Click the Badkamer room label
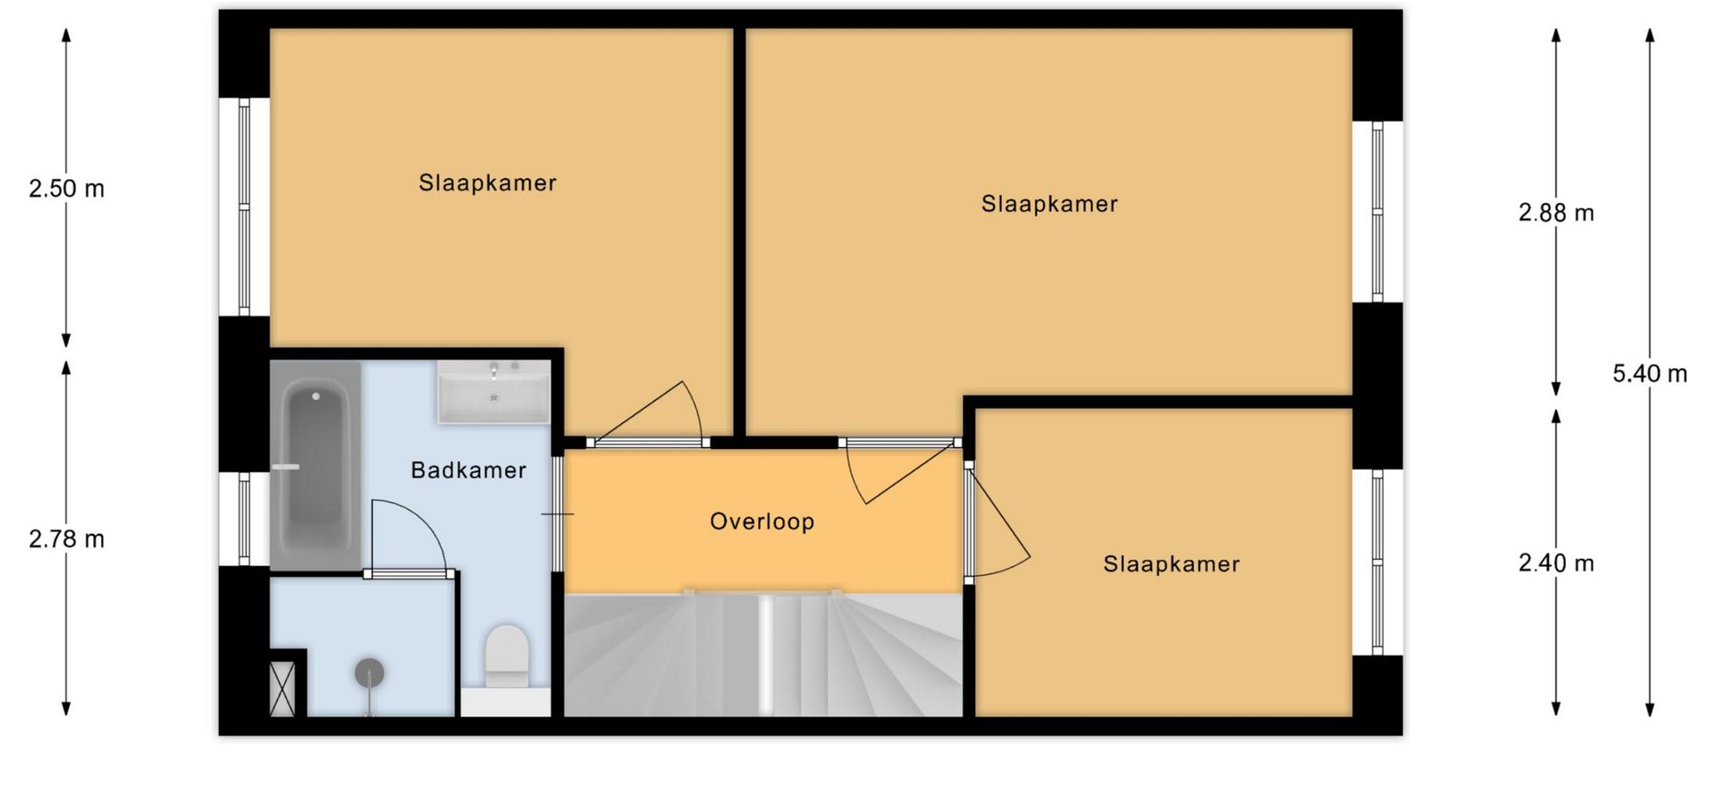click(x=468, y=470)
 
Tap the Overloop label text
click(x=762, y=521)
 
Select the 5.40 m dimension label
click(x=1650, y=374)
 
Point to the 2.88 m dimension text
click(x=1556, y=213)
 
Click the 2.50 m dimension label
click(x=66, y=189)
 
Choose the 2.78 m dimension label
click(x=66, y=539)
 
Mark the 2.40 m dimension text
click(x=1556, y=563)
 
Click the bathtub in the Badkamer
click(x=315, y=466)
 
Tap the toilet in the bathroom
click(x=507, y=657)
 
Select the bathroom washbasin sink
click(x=493, y=392)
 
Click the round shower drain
click(x=369, y=673)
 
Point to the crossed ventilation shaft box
click(x=283, y=688)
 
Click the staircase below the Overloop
click(x=764, y=654)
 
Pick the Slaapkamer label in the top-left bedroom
click(x=488, y=183)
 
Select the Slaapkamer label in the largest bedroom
click(x=1050, y=204)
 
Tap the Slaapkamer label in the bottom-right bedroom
click(x=1172, y=564)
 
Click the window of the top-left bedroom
click(x=244, y=207)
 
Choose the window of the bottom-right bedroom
click(x=1377, y=563)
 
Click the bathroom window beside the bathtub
click(x=244, y=520)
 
